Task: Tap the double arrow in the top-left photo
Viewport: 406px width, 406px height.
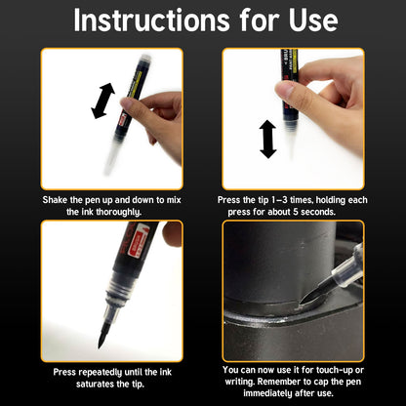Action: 102,101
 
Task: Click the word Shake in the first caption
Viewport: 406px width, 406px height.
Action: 57,199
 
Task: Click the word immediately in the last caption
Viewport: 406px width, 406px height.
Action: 275,394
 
